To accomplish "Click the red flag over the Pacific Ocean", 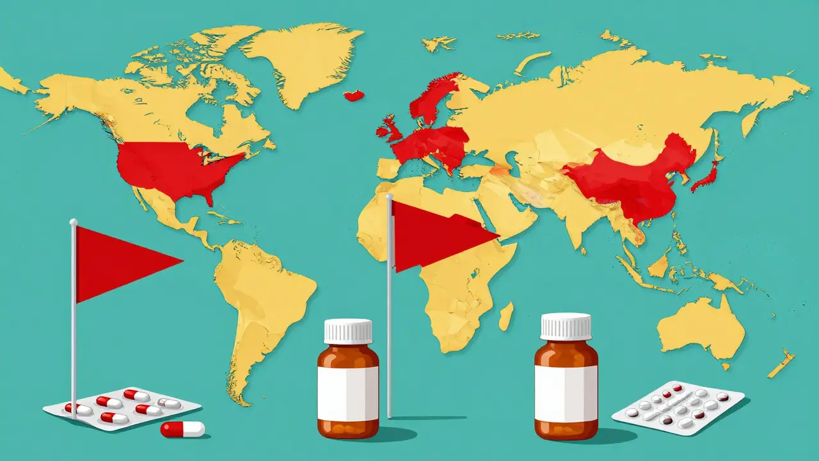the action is [122, 263].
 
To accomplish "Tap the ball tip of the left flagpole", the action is [74, 222].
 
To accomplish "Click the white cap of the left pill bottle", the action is [348, 331].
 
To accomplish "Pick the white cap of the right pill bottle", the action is [566, 326].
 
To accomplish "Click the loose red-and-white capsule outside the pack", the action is [183, 429].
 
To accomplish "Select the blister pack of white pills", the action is [678, 408].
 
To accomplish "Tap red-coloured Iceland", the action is [354, 95].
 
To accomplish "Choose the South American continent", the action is [262, 301].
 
